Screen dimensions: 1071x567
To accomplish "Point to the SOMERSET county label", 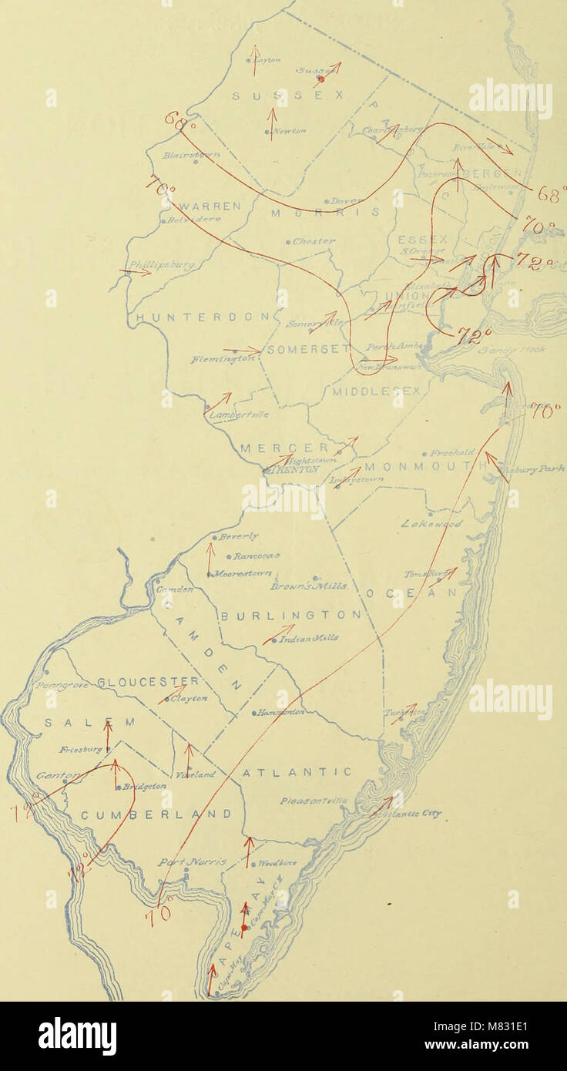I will (303, 349).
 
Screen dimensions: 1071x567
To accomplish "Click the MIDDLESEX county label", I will (377, 391).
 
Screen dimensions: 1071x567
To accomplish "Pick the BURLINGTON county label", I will (291, 615).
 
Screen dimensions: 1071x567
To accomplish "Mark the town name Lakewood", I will (431, 524).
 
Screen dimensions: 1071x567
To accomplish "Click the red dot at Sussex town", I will (322, 79).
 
